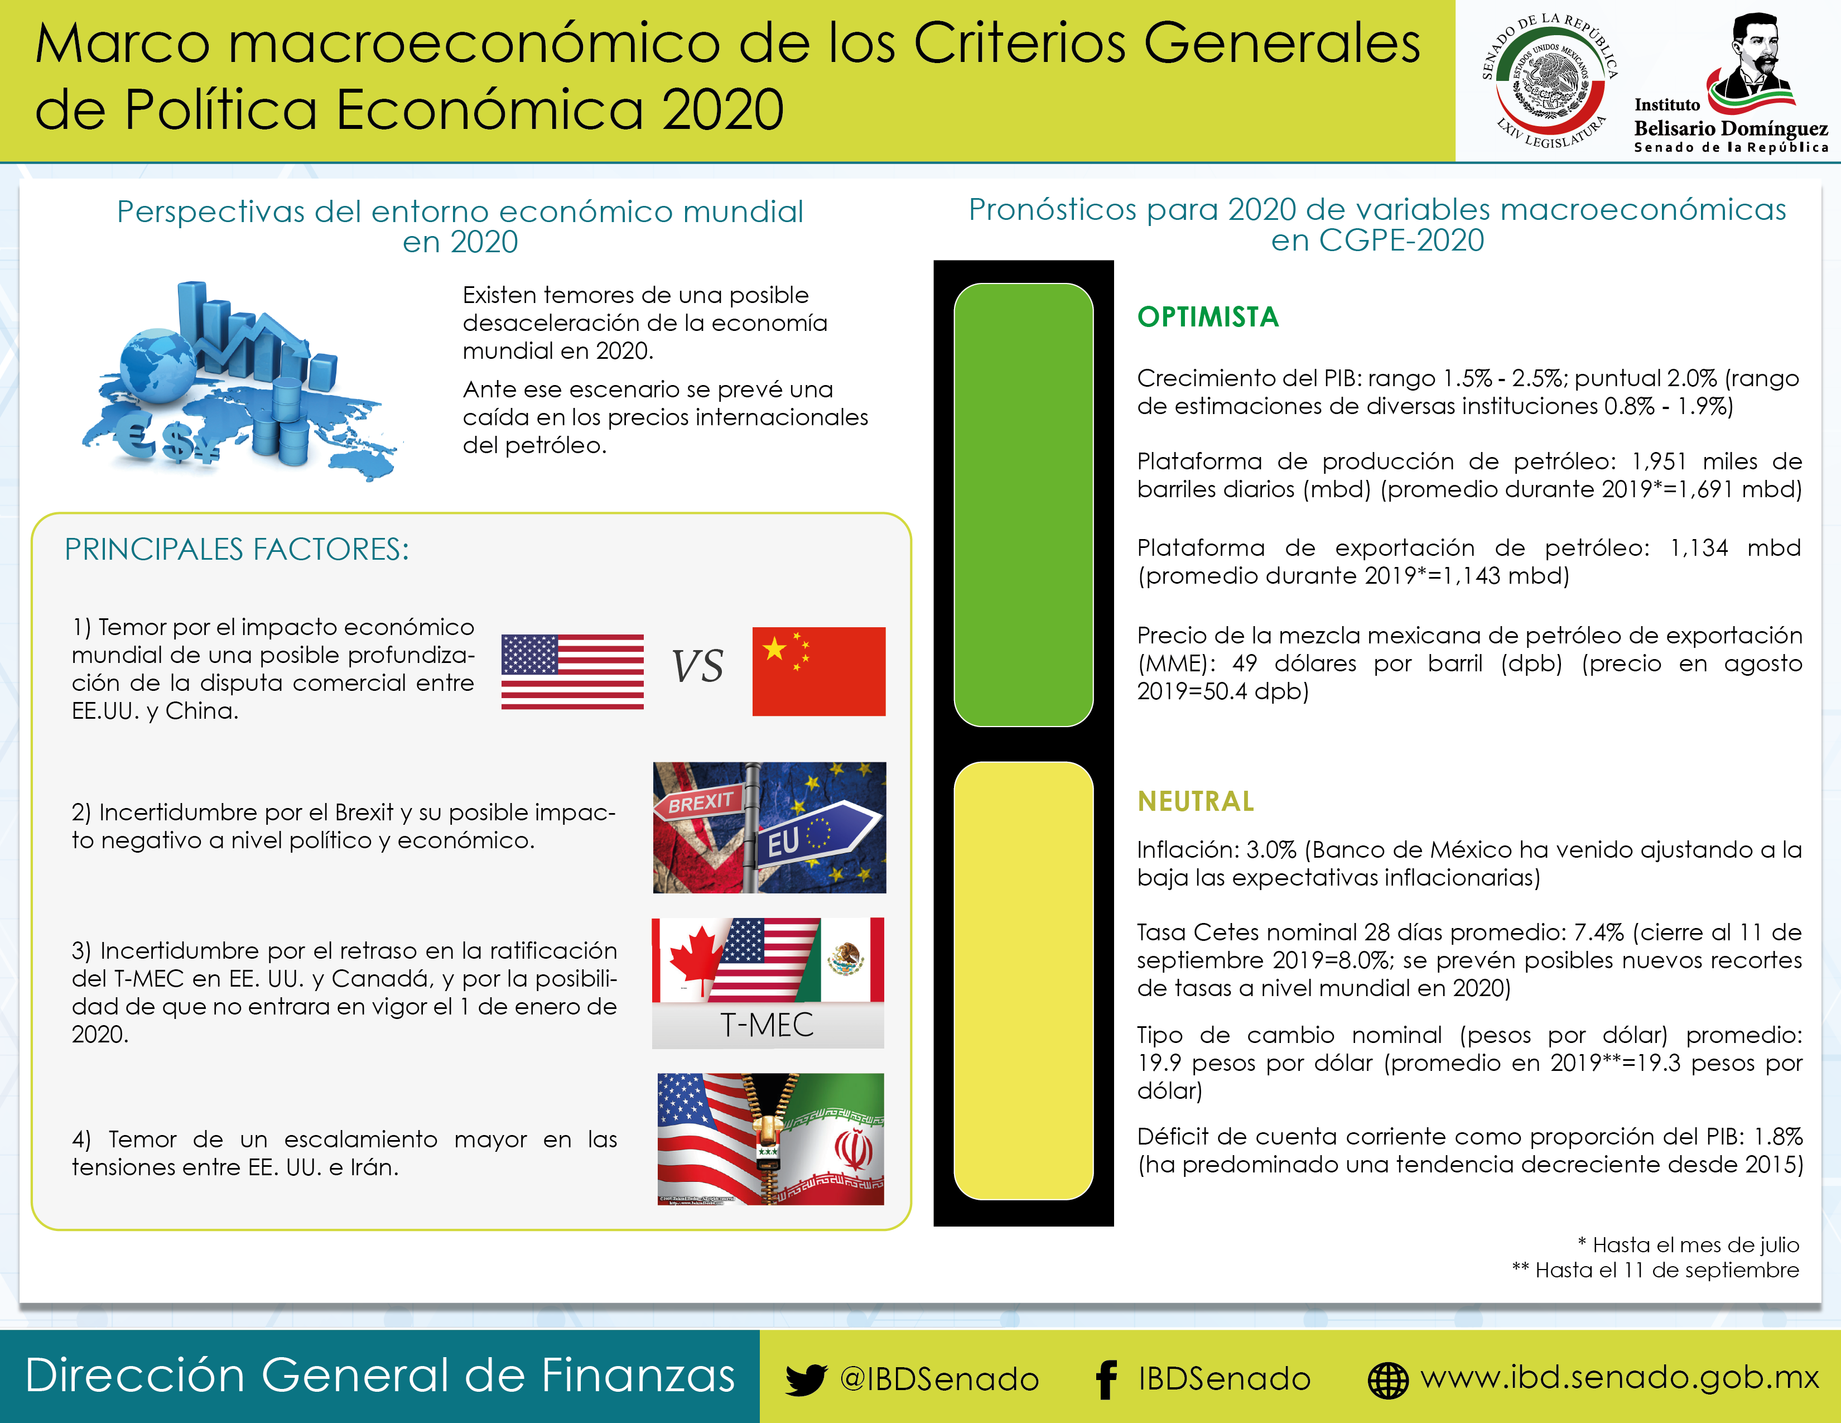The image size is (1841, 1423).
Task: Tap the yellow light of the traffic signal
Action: [1023, 980]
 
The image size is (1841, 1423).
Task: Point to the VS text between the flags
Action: [697, 667]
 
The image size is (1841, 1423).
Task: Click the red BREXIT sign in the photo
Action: [699, 802]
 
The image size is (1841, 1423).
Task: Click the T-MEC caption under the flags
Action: [767, 1025]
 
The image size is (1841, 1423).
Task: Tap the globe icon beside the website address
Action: [1387, 1380]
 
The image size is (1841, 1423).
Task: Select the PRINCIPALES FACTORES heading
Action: [237, 550]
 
